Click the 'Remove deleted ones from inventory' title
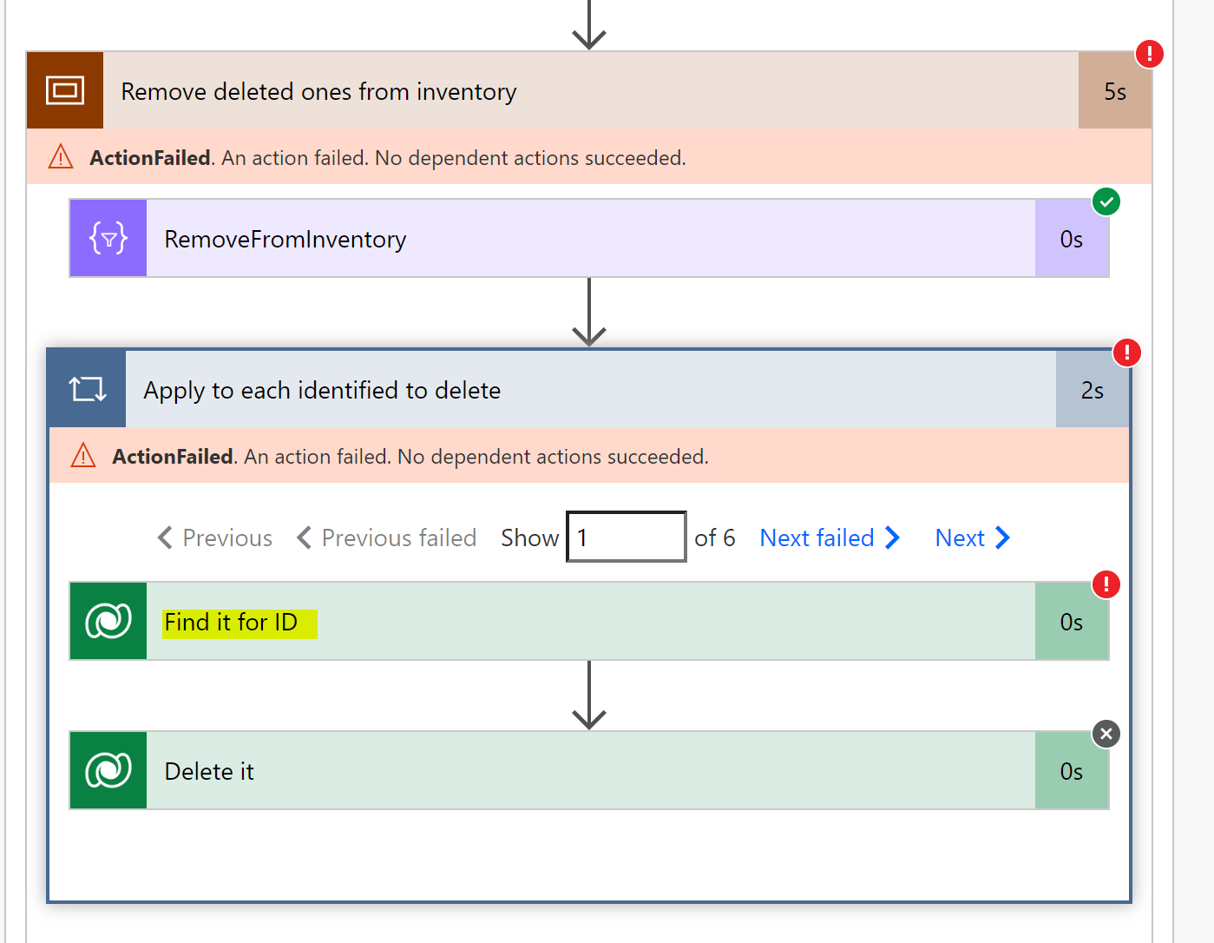coord(318,91)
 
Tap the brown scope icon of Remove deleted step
coord(65,90)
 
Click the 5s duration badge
coord(1114,91)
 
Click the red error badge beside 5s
coord(1149,54)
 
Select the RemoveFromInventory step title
coord(285,239)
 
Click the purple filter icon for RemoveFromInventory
coord(108,238)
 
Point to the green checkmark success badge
coord(1106,201)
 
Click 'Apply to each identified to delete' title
coord(322,390)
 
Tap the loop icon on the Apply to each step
coord(88,389)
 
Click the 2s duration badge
coord(1092,391)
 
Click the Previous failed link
coord(387,537)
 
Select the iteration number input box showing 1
coord(626,537)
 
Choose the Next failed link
coord(829,537)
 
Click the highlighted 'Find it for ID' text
coord(231,623)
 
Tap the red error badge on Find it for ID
coord(1106,584)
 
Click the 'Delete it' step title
coord(209,771)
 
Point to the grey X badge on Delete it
coord(1106,734)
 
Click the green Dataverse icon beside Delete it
coord(108,770)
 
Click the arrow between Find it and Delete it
coord(589,695)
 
